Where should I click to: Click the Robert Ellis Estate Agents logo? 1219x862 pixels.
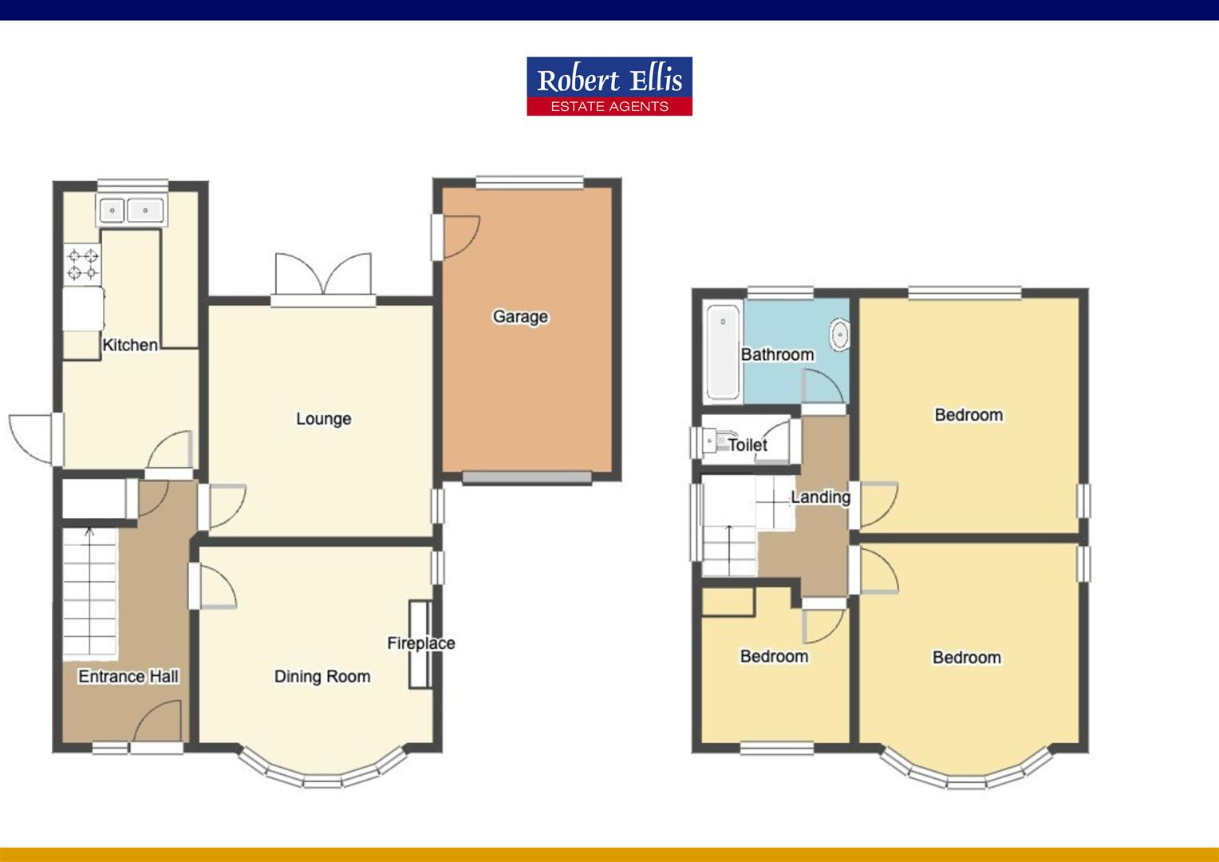609,86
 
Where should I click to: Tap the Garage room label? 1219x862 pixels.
520,317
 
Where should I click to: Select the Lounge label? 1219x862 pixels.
323,419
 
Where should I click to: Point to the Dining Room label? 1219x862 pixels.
322,677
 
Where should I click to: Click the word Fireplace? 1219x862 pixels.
420,643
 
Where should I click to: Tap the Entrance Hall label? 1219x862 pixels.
128,677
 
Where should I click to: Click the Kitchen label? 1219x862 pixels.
130,346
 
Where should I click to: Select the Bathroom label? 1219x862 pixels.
777,354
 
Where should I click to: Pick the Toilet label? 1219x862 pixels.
748,445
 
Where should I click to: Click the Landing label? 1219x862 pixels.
820,497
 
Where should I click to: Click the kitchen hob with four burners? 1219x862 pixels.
83,265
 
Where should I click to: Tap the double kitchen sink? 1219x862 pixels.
131,211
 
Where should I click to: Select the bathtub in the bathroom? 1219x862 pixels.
724,351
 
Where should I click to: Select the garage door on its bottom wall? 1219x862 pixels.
527,477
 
